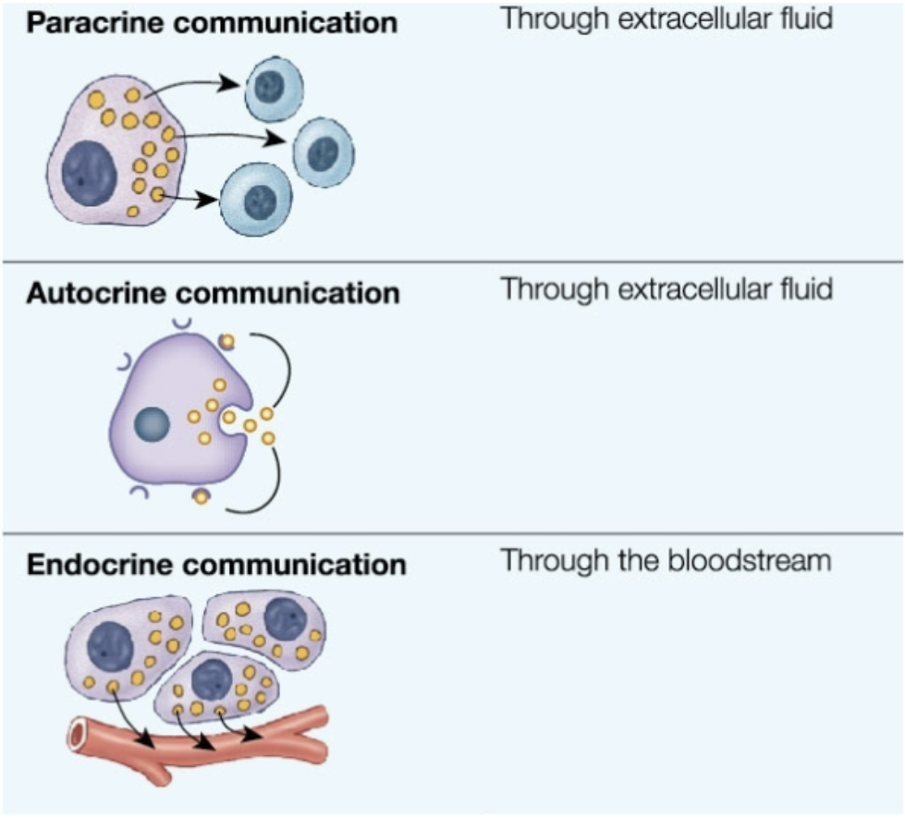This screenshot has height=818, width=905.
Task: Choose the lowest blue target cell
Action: coord(256,198)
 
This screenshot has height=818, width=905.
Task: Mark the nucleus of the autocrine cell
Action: coord(151,424)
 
